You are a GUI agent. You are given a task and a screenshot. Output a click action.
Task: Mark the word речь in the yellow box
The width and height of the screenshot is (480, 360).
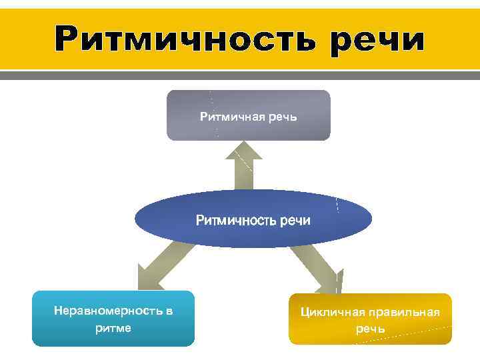click(x=370, y=329)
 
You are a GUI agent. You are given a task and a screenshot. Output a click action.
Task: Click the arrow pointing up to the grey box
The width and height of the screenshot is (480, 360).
click(x=244, y=170)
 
